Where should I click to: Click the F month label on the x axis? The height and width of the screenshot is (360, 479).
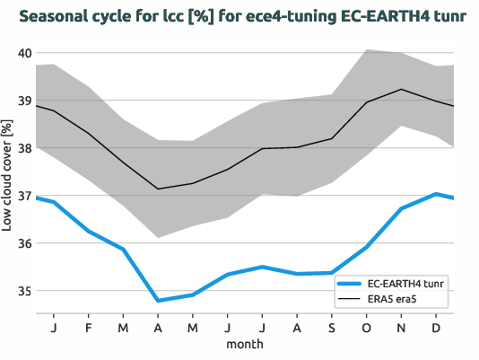point(89,329)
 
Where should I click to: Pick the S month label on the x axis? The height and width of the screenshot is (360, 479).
point(332,329)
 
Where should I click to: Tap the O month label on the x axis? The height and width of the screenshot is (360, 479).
point(367,329)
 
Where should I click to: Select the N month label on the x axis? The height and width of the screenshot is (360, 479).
point(401,329)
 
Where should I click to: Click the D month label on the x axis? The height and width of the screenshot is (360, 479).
point(436,329)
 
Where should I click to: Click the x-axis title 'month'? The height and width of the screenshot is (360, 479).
point(245,346)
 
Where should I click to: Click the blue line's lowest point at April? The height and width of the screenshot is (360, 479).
point(158,301)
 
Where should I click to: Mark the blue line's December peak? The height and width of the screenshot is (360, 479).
point(436,194)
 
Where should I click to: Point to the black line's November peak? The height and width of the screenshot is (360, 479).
point(401,89)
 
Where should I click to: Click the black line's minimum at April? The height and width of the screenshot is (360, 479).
point(158,189)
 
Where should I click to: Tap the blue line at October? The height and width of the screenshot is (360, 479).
point(367,247)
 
